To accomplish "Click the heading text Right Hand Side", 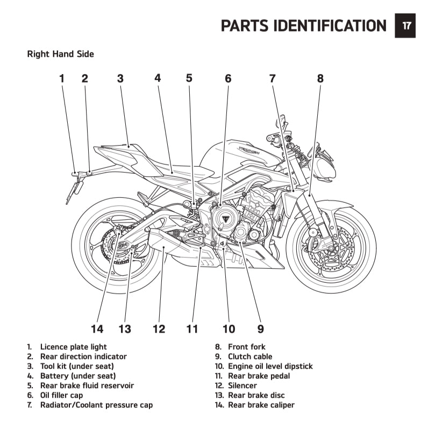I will pyautogui.click(x=60, y=54).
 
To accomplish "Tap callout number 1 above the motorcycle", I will pyautogui.click(x=62, y=79).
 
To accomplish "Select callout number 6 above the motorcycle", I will pyautogui.click(x=228, y=79).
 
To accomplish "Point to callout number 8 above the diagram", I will pyautogui.click(x=320, y=79).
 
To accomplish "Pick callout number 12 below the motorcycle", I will pyautogui.click(x=159, y=329).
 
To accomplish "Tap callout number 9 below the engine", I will pyautogui.click(x=260, y=329).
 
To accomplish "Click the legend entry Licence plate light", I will pyautogui.click(x=73, y=347).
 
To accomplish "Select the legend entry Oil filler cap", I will pyautogui.click(x=61, y=395).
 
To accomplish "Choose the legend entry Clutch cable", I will pyautogui.click(x=250, y=356).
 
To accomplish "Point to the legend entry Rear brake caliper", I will pyautogui.click(x=261, y=405).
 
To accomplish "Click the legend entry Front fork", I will pyautogui.click(x=246, y=347).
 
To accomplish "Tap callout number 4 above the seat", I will pyautogui.click(x=158, y=78).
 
